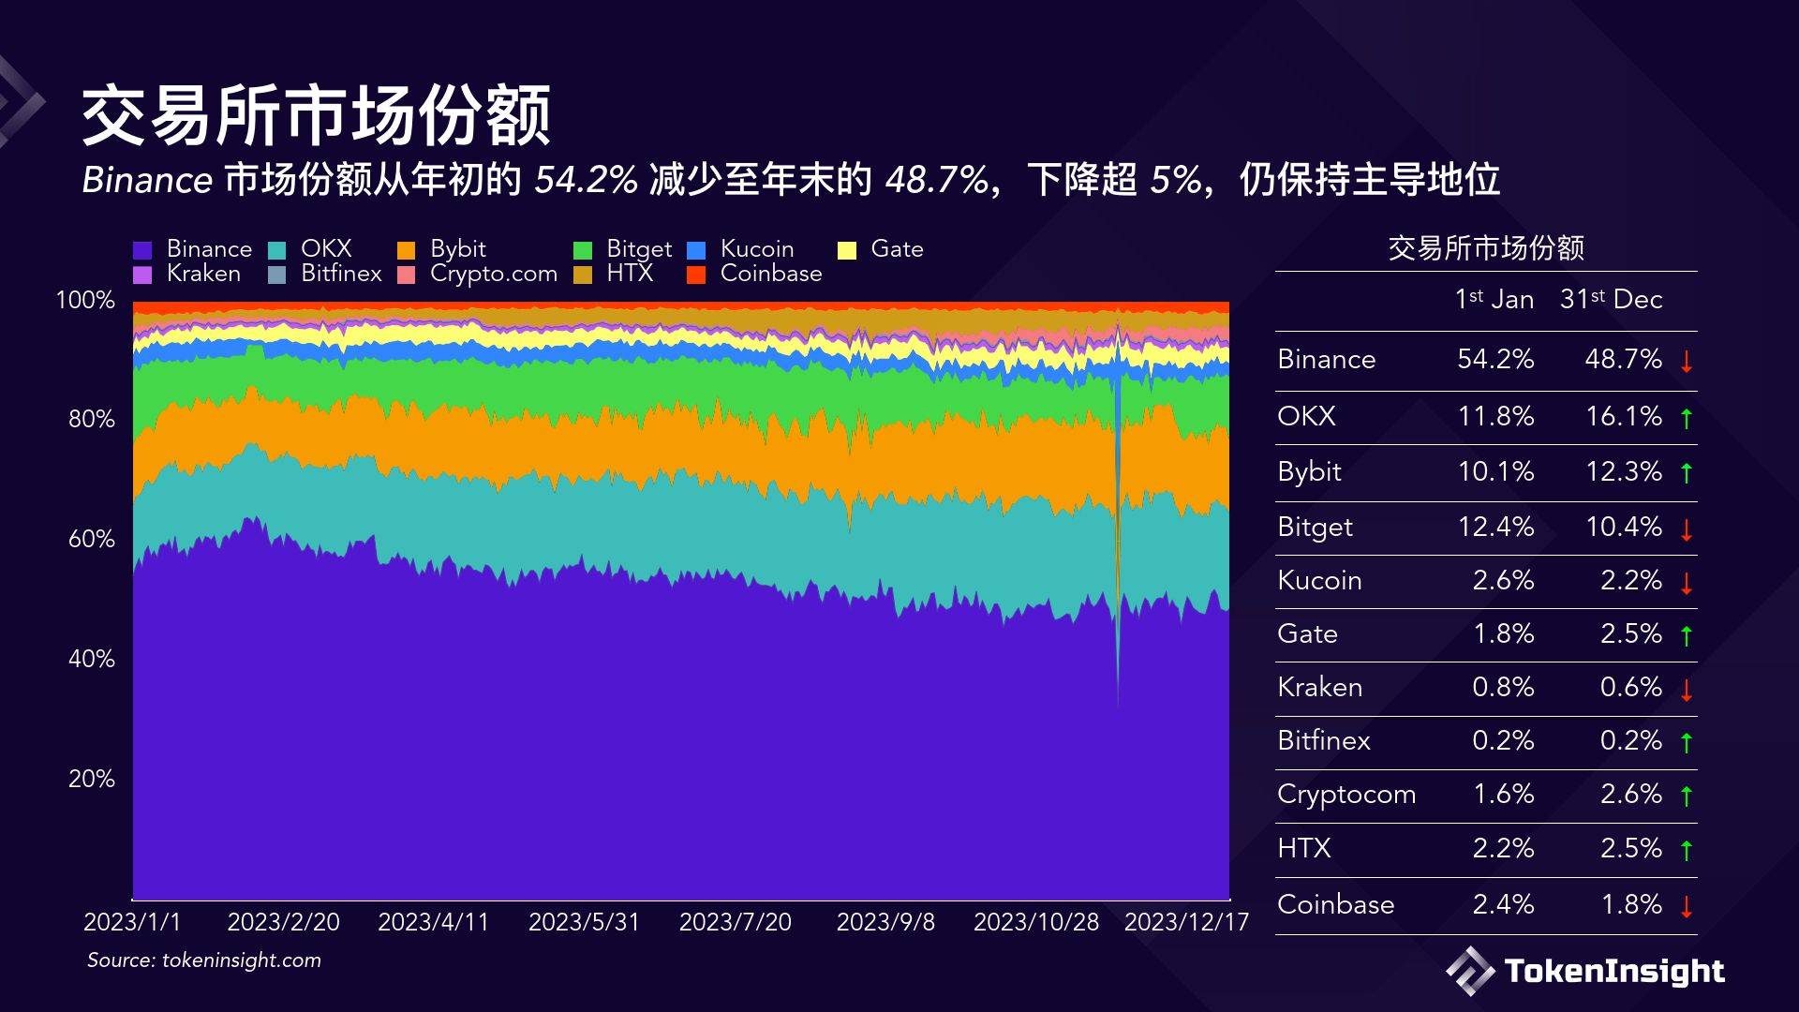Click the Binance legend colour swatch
(x=142, y=250)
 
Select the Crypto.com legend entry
(x=493, y=274)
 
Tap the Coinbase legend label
(x=770, y=274)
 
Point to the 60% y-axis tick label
(x=91, y=539)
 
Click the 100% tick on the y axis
(x=85, y=300)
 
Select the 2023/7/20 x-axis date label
(x=735, y=922)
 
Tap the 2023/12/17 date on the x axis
(x=1186, y=922)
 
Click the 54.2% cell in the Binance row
(x=1495, y=359)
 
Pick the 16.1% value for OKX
(x=1623, y=416)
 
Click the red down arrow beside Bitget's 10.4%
(x=1687, y=529)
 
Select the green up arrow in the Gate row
(x=1687, y=636)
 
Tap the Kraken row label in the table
(x=1319, y=687)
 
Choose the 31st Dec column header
(x=1611, y=300)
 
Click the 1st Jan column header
(x=1494, y=300)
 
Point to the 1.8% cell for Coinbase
(x=1631, y=904)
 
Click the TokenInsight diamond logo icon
(x=1469, y=970)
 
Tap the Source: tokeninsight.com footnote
(x=204, y=960)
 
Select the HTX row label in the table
(x=1303, y=848)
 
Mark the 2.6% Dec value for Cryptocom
(x=1631, y=794)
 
